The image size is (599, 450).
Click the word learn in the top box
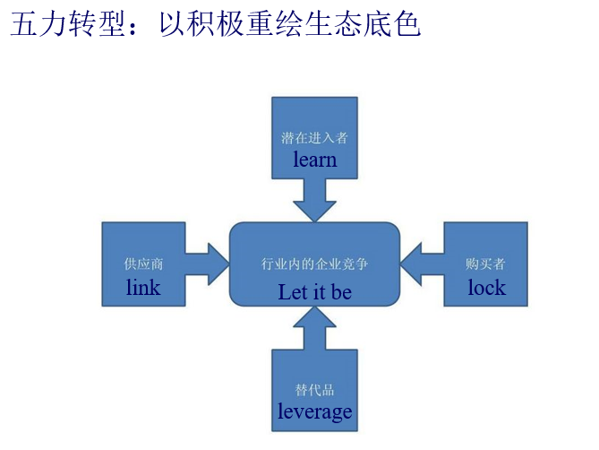pos(314,160)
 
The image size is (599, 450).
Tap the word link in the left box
pos(143,288)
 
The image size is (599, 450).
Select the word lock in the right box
pos(486,288)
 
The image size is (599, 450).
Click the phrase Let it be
pos(314,292)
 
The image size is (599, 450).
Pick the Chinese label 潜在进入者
pos(314,139)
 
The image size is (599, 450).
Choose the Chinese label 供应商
pos(143,264)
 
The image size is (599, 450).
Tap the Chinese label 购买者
pos(486,264)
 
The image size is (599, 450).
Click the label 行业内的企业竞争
pos(314,265)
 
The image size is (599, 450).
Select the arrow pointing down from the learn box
pos(314,199)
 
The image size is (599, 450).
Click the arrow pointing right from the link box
pos(208,263)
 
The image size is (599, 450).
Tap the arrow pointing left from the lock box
pos(422,263)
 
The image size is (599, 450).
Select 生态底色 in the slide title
pos(368,25)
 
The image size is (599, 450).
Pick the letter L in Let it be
pos(284,292)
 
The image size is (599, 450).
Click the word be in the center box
pos(341,292)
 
